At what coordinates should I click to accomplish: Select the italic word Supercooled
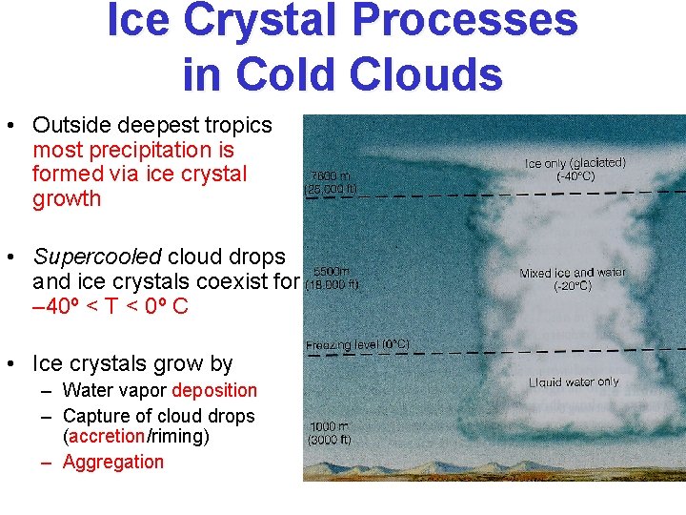coord(97,257)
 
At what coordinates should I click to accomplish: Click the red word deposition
coord(214,390)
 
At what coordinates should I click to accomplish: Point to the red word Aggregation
coord(112,463)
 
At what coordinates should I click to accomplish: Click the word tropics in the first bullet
coord(238,125)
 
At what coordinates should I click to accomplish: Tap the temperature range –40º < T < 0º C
coord(110,306)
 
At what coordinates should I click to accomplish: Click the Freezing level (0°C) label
coord(357,344)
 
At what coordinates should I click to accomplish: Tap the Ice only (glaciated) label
coord(575,163)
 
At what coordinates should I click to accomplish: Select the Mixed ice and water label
coord(573,273)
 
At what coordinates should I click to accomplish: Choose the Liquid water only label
coord(574,382)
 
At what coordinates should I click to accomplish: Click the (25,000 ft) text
coord(331,189)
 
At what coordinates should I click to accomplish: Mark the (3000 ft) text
coord(331,440)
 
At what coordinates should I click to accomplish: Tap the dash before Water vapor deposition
coord(46,391)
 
